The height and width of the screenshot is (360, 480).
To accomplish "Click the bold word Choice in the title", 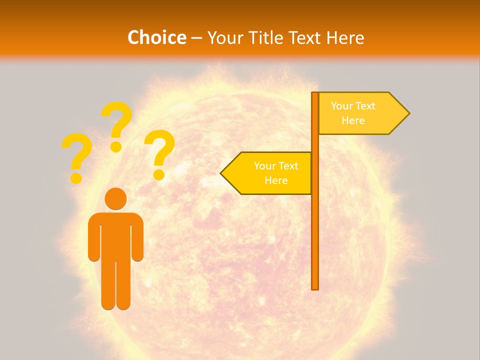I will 156,37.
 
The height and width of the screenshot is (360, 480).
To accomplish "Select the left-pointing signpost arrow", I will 267,173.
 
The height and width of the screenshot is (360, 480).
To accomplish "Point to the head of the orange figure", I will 115,198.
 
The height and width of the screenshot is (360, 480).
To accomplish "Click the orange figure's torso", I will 115,235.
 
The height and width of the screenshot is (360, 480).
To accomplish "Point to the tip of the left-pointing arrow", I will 222,173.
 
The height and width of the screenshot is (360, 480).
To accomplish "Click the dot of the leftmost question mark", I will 76,178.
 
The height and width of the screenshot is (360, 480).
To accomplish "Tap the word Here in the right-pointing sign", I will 353,120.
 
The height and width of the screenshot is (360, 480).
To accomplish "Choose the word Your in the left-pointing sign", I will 264,166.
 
